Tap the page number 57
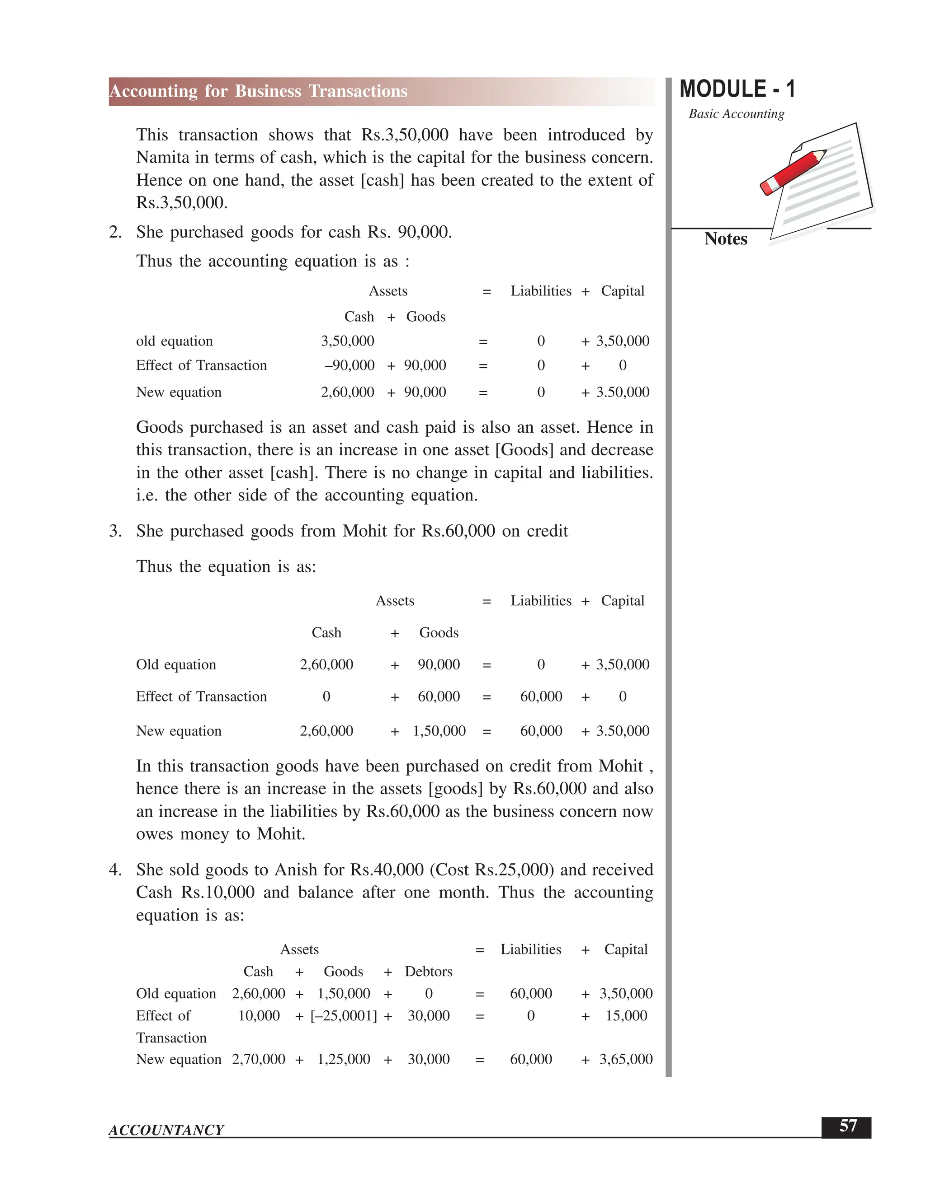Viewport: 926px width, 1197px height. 848,1126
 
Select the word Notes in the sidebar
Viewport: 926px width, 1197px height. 725,239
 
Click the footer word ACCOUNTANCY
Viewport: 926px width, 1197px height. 166,1130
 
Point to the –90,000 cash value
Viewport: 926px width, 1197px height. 350,365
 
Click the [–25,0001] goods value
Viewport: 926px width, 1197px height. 344,1015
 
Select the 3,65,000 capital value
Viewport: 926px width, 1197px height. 626,1059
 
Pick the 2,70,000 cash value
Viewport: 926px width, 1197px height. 258,1059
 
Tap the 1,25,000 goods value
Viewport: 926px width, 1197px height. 344,1059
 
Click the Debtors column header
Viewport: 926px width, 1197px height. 429,971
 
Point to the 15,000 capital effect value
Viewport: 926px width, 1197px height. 626,1015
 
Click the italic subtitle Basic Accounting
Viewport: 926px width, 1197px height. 736,114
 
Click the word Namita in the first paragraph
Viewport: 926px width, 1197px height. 164,158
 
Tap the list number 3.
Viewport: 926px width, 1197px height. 115,531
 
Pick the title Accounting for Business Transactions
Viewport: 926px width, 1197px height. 258,91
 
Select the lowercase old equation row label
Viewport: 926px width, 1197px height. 175,341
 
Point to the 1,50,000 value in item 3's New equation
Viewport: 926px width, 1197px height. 439,730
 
